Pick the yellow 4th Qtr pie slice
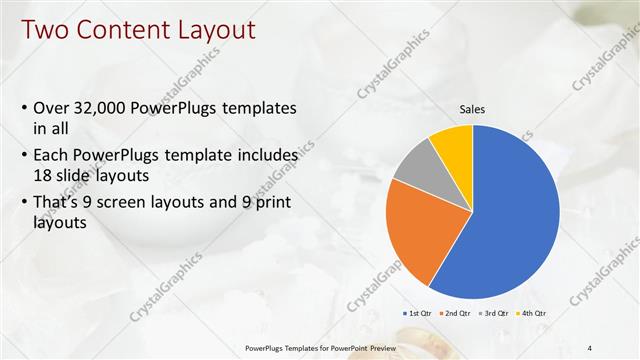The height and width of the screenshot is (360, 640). click(453, 143)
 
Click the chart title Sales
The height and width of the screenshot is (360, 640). click(472, 110)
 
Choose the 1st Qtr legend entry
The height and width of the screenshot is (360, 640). click(417, 313)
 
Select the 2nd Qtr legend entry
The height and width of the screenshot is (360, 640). click(455, 313)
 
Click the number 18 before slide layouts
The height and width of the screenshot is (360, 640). click(43, 175)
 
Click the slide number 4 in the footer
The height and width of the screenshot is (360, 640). click(590, 348)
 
